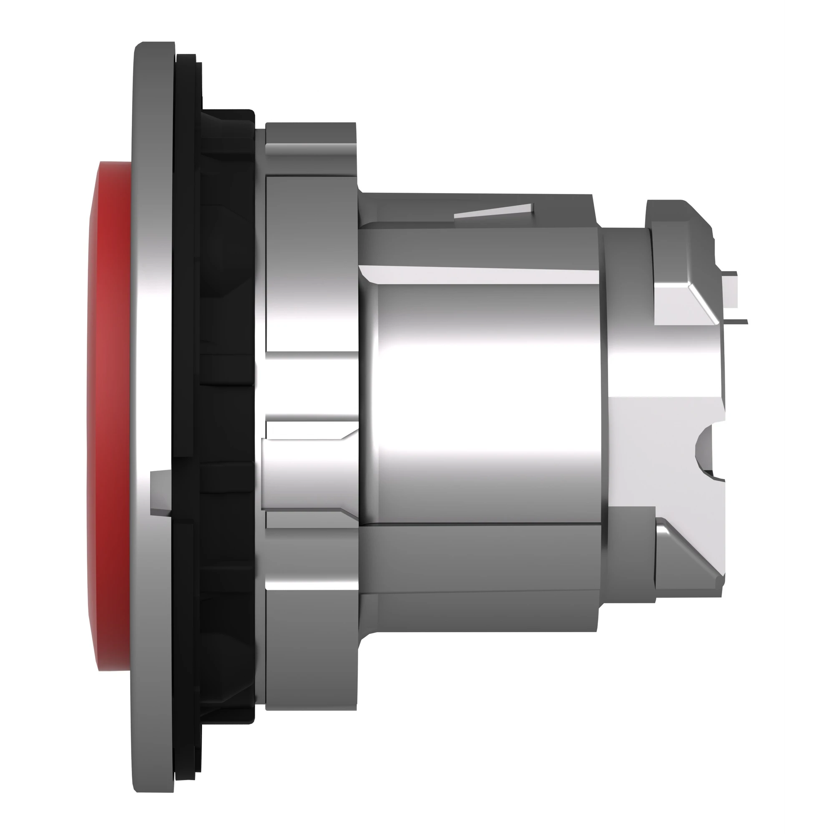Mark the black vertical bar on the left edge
pyautogui.click(x=23, y=417)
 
